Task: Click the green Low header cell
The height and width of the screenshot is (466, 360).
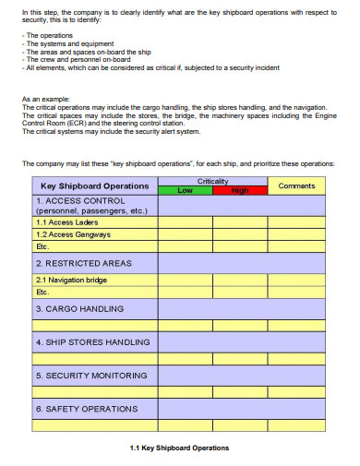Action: click(x=186, y=190)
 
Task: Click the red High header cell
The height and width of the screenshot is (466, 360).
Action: click(x=240, y=190)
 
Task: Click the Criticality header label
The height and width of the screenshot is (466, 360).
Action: click(x=213, y=182)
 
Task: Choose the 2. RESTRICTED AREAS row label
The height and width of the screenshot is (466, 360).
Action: click(x=83, y=263)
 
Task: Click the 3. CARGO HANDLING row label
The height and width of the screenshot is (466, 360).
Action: click(x=79, y=308)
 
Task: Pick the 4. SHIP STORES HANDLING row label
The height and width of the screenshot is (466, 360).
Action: click(x=91, y=341)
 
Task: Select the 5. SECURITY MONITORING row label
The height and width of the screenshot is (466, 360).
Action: click(x=90, y=375)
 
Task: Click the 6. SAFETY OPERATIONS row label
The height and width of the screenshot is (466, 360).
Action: click(x=86, y=408)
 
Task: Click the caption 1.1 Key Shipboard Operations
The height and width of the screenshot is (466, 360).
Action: click(x=180, y=448)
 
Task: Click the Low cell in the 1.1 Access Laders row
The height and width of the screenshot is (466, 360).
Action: click(x=186, y=222)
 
